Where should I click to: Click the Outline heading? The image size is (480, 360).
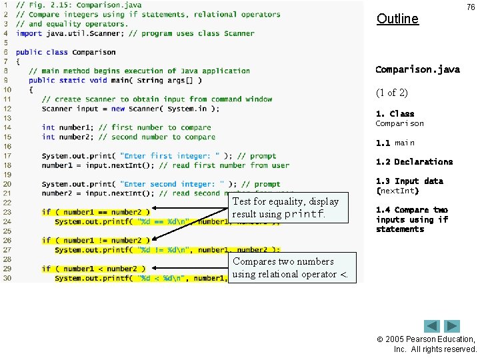click(397, 19)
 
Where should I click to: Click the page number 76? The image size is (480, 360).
click(471, 7)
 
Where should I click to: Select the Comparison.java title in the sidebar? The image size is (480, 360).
click(417, 69)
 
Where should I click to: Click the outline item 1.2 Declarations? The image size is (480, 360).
click(414, 161)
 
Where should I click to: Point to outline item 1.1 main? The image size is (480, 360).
click(395, 143)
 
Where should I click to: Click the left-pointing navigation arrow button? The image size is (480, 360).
click(432, 327)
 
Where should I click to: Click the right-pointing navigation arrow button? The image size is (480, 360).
click(453, 327)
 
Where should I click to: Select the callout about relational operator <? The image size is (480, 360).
click(293, 267)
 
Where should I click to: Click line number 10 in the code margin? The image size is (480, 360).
click(7, 89)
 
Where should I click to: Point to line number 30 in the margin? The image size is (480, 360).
click(7, 278)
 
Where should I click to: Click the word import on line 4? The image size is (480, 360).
click(29, 33)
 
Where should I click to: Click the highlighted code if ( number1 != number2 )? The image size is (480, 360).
click(91, 240)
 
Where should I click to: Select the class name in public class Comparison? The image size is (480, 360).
click(94, 52)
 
